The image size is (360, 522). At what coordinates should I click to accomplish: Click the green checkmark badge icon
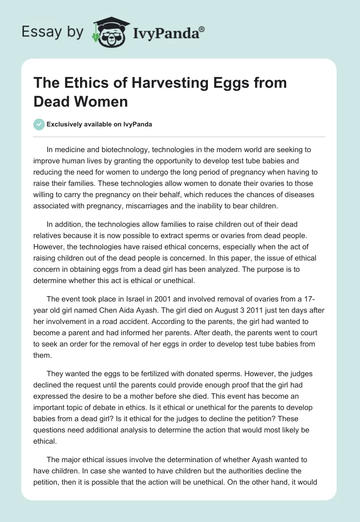(39, 124)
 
